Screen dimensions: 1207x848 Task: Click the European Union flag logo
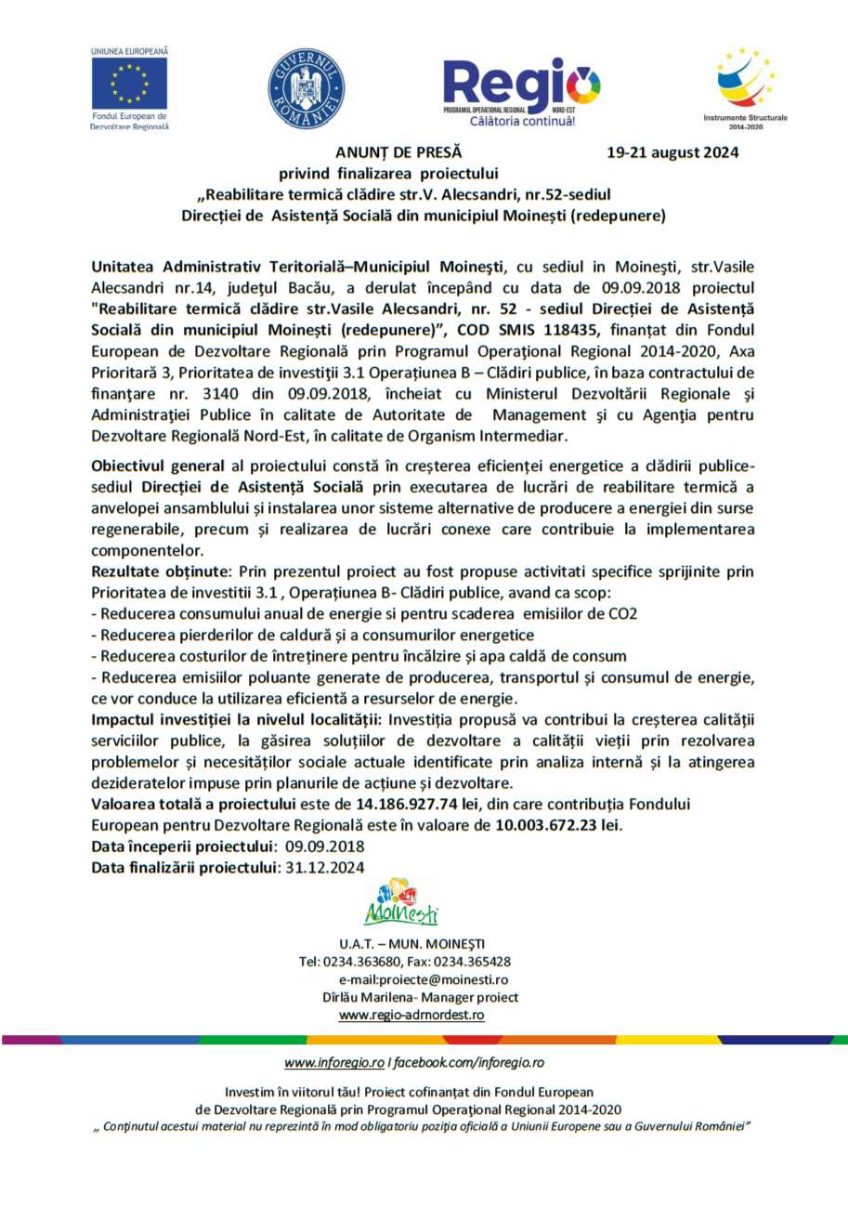(129, 82)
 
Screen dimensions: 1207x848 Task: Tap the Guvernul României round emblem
(306, 89)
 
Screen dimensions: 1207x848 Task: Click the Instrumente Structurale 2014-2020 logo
(745, 84)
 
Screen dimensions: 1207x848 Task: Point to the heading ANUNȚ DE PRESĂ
(398, 152)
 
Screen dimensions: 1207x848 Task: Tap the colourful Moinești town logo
(400, 902)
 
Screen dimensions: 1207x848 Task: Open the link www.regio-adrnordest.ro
(411, 1015)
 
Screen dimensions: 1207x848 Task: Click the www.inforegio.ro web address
(334, 1061)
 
